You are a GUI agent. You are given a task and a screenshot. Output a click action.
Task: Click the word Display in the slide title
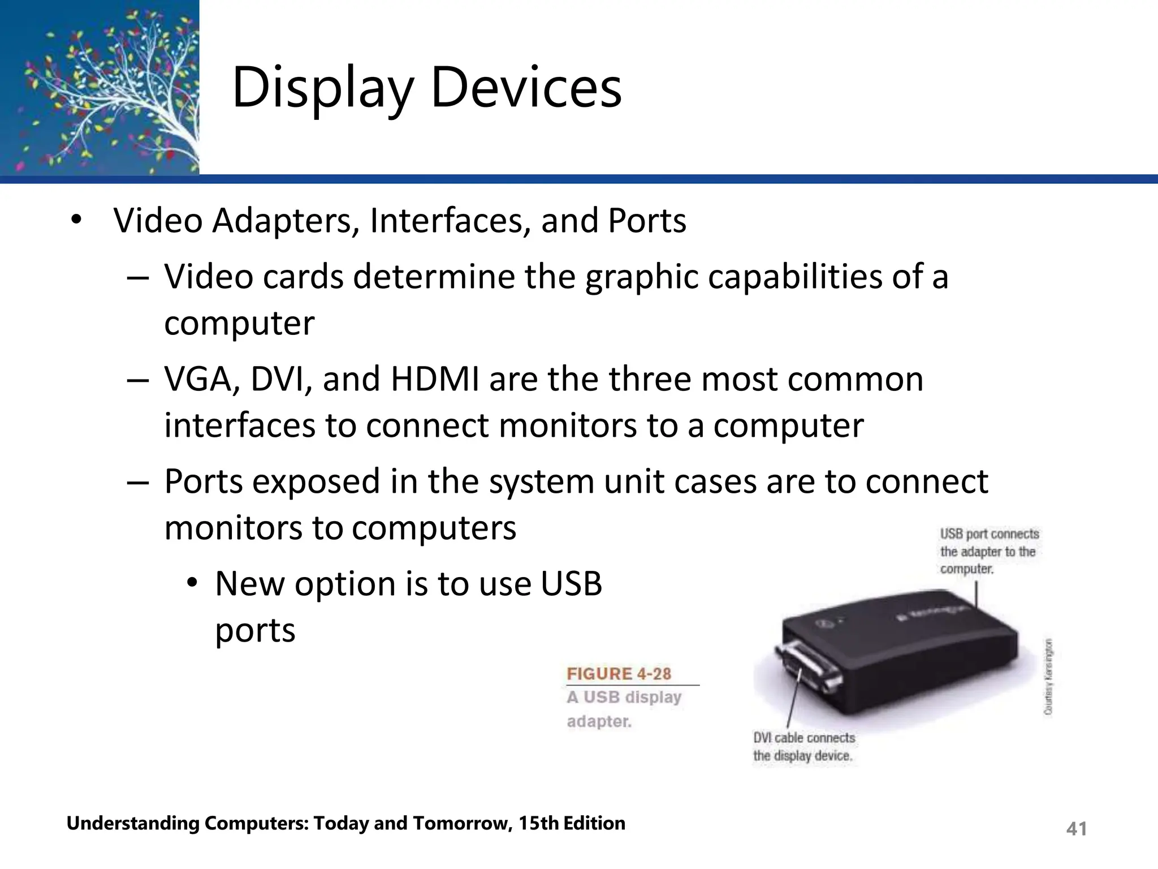coord(323,89)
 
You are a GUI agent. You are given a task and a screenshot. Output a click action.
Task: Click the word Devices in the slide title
coord(526,88)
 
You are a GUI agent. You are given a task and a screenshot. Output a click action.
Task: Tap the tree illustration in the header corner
coord(100,88)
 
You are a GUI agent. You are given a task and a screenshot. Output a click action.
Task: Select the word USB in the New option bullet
coord(571,584)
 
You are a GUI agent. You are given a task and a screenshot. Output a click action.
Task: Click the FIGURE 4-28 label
coord(619,674)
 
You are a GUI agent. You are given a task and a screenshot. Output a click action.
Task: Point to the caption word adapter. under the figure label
coord(599,722)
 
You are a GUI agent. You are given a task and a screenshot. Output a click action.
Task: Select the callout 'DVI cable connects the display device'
coord(803,746)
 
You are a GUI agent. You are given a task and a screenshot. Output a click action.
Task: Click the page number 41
coord(1076,829)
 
